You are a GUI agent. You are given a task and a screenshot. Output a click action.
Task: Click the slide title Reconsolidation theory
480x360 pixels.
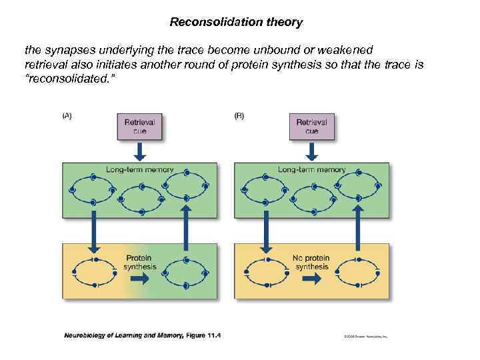236,22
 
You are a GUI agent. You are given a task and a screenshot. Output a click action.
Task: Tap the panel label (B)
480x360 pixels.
239,115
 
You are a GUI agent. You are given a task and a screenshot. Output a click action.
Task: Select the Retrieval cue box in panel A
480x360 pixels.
139,127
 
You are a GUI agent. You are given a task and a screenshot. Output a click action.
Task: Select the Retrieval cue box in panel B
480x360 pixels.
312,127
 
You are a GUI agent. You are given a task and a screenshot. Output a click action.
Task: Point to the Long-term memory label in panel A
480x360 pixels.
139,169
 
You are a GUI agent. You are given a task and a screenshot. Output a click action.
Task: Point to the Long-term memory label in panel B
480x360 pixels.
312,169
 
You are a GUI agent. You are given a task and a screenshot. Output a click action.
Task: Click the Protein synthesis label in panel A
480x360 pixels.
139,262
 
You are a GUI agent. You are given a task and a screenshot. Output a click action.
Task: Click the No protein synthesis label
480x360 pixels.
312,262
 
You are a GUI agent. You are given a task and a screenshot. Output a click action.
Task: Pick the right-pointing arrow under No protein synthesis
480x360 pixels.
312,279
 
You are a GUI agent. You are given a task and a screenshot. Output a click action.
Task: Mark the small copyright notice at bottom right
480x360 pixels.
365,337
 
